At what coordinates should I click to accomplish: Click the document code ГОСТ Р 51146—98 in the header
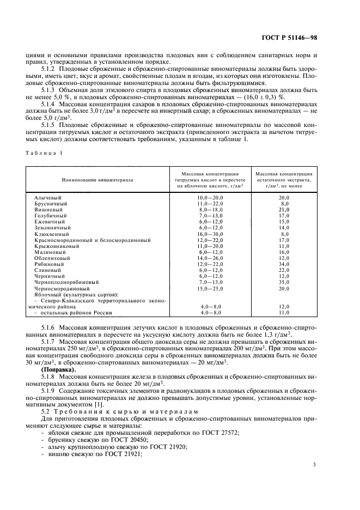coord(306,38)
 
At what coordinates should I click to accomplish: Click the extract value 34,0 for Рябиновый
coord(284,264)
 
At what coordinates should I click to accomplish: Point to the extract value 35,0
coord(284,282)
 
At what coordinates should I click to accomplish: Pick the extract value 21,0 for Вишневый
coord(284,209)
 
